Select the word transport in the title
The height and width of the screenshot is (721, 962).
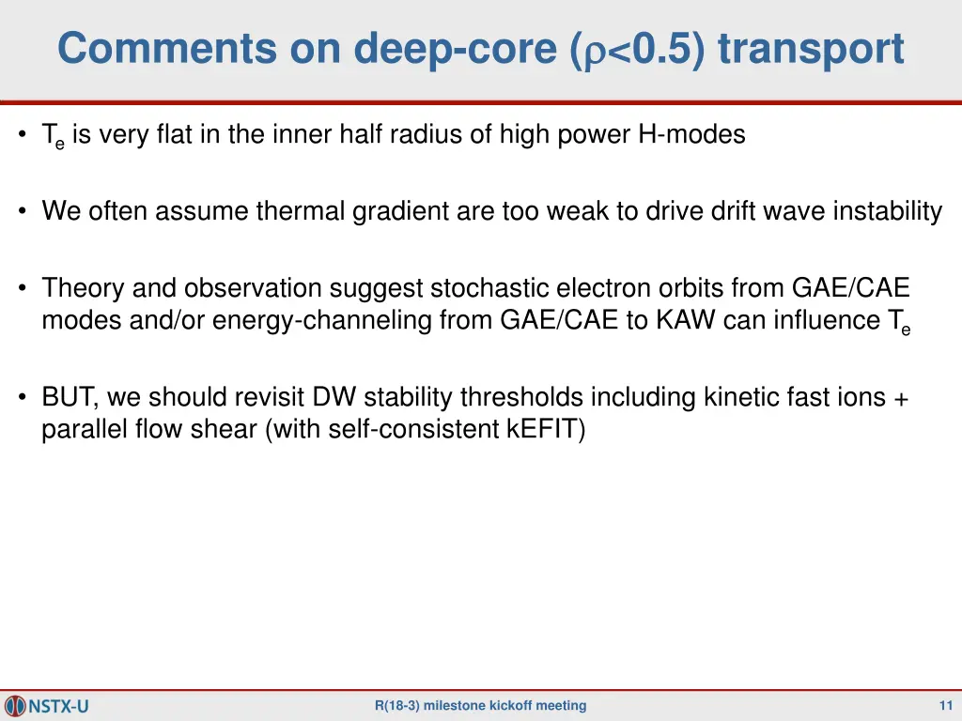point(811,49)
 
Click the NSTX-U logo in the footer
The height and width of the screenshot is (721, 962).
point(48,705)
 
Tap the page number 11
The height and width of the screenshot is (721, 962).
point(945,705)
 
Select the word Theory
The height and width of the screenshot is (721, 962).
point(78,288)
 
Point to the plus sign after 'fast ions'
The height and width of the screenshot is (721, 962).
point(901,398)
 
